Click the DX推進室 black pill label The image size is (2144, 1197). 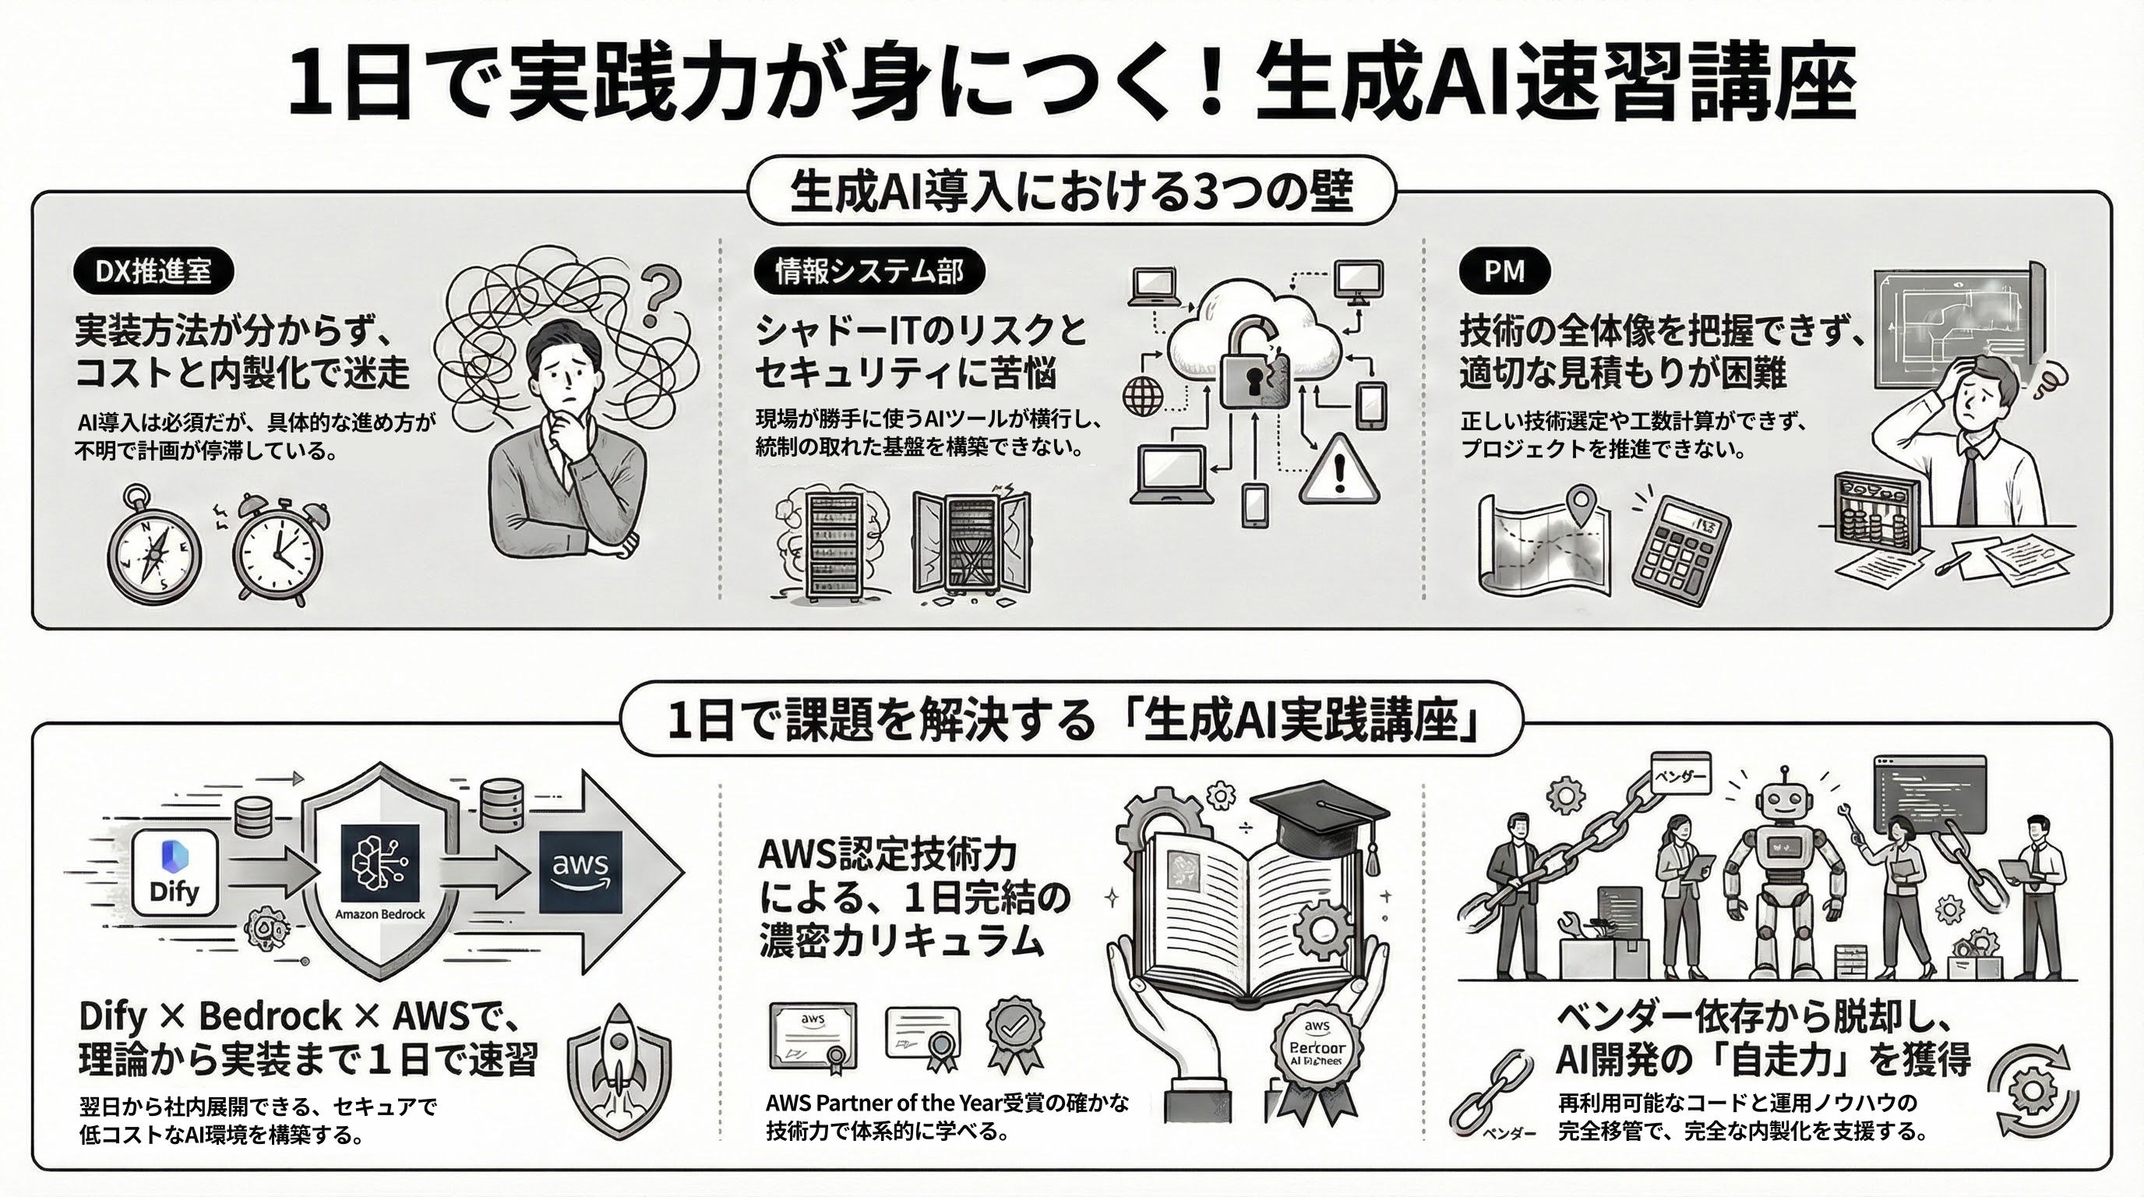point(153,271)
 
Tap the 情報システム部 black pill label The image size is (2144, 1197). point(869,271)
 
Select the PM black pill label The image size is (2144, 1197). point(1504,271)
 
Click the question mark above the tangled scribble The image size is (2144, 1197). point(659,295)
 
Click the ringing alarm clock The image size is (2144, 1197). point(277,549)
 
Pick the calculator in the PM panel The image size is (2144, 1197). point(1680,551)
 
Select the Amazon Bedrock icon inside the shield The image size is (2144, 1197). point(379,866)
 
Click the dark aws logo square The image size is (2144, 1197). point(580,870)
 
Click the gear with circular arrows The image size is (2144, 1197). point(2031,1091)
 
